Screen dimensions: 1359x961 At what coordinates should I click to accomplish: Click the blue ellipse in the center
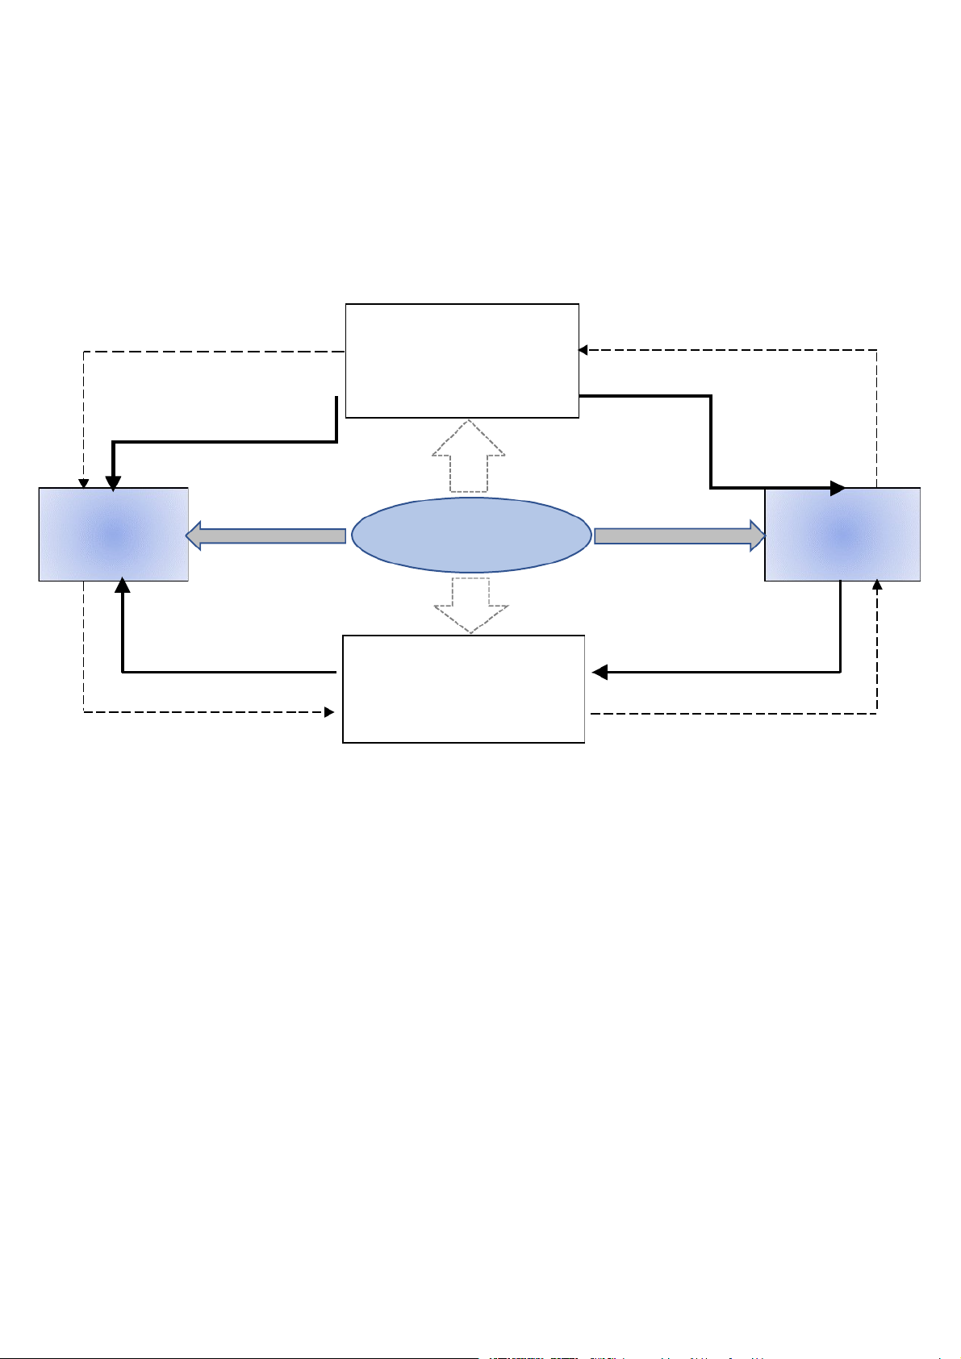coord(471,535)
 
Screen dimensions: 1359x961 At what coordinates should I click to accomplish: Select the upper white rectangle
coord(462,361)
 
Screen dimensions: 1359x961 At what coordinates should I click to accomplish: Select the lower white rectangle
coord(463,689)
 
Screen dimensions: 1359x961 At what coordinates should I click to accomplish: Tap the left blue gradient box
coord(114,534)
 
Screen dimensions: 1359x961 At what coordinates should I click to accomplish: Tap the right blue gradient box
coord(842,534)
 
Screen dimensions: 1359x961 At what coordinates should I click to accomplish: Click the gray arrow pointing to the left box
coord(266,536)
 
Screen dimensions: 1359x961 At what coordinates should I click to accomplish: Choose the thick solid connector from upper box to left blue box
coord(226,442)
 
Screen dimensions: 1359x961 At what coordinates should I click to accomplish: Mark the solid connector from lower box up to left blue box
coord(226,671)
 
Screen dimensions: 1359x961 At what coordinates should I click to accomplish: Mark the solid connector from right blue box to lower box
coord(726,671)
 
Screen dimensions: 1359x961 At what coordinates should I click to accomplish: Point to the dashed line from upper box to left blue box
coord(210,352)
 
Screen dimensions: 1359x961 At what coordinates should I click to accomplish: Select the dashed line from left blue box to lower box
coord(202,712)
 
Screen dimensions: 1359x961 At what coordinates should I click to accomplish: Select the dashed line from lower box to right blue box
coord(734,713)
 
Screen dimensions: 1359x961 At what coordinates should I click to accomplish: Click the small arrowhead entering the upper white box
coord(583,350)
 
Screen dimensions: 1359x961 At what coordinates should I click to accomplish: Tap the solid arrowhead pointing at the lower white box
coord(600,672)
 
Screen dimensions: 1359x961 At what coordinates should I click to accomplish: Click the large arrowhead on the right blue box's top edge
coord(838,488)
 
